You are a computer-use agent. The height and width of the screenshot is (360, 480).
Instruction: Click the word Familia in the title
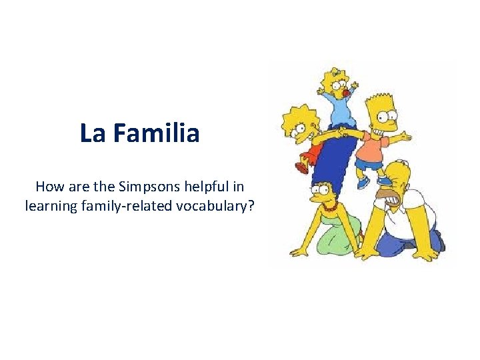156,133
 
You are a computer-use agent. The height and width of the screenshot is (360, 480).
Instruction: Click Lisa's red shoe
302,168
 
